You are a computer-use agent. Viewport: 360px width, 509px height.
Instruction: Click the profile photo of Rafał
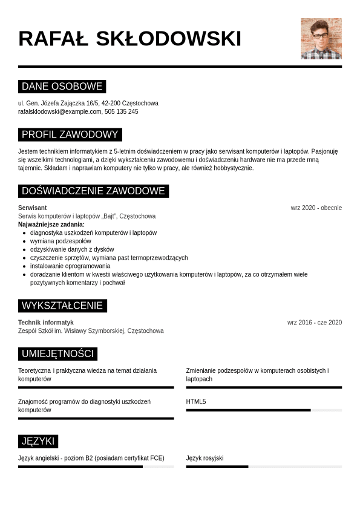pos(321,39)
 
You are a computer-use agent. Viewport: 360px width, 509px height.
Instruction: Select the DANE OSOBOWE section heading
pos(62,86)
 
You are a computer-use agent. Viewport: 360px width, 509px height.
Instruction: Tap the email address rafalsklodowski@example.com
pos(60,112)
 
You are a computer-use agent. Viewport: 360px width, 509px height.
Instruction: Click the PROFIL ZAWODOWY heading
pos(70,134)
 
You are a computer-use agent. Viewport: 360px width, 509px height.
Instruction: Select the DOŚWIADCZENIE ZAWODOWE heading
pos(93,191)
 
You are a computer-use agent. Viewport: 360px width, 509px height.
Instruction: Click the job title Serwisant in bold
pos(33,208)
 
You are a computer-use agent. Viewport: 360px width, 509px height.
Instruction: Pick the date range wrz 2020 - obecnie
pos(316,208)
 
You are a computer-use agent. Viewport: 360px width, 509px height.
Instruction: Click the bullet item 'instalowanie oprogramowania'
pos(70,266)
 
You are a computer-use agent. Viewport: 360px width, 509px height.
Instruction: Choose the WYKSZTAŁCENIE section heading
pos(62,306)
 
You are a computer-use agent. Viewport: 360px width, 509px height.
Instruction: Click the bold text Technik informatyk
pos(46,323)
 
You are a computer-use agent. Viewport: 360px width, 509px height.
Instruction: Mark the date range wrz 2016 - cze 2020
pos(314,323)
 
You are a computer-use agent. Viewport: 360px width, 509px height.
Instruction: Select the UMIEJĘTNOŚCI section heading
pos(57,353)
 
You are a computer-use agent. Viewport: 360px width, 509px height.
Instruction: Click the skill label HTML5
pos(196,401)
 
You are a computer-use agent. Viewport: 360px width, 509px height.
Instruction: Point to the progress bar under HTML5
pos(264,410)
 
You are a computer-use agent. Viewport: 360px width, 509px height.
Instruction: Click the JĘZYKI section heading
pos(38,441)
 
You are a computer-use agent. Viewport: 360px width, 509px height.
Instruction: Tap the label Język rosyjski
pos(205,458)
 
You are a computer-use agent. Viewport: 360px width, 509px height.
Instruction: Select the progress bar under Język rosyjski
pos(264,467)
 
